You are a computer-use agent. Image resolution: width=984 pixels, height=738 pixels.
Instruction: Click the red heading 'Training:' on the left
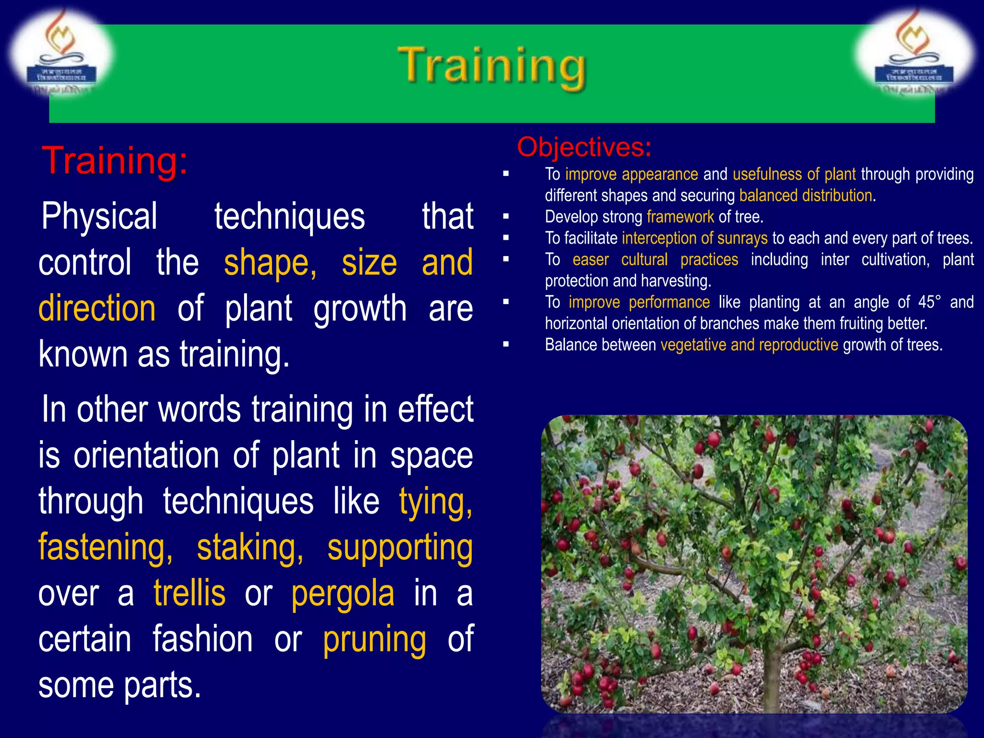click(114, 161)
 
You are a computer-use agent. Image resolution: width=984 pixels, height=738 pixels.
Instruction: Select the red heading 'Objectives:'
click(584, 147)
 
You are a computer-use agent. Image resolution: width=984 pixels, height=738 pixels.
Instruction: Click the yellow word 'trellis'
click(189, 593)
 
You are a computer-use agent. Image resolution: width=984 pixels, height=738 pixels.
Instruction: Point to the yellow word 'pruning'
click(374, 640)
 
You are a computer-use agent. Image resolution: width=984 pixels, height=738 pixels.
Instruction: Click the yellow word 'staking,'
click(250, 548)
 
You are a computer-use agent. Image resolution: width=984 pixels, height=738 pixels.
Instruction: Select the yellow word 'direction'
click(97, 308)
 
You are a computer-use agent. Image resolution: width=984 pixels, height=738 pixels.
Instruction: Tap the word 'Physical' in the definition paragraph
click(99, 217)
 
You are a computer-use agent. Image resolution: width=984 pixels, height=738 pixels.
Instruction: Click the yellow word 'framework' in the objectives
click(680, 217)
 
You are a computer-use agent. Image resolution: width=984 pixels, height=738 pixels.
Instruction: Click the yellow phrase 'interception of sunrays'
click(695, 238)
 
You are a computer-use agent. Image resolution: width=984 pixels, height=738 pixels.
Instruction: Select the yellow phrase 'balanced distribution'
click(806, 196)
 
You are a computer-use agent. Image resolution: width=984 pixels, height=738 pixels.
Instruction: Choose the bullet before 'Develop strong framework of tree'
click(505, 217)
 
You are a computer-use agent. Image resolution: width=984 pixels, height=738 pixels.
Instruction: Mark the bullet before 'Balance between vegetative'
click(505, 344)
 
